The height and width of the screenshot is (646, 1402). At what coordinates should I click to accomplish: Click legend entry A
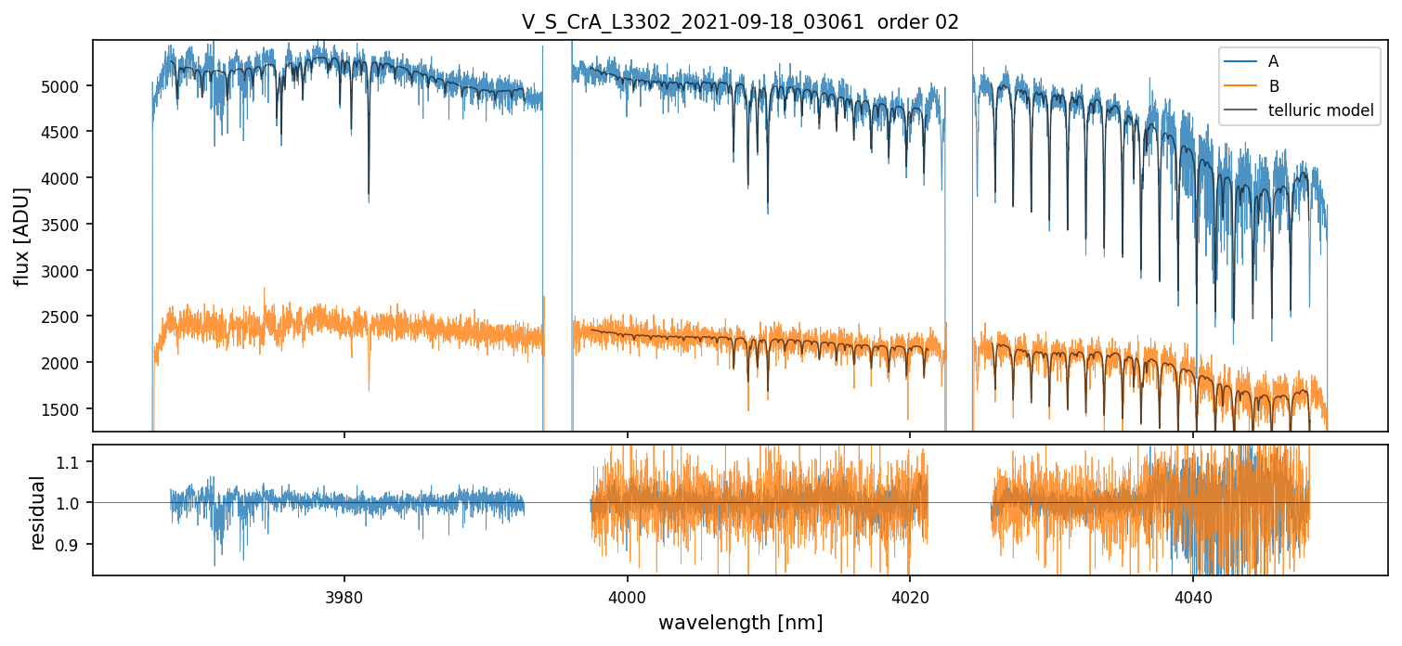coord(1273,61)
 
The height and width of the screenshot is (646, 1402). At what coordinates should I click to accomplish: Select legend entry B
coord(1273,86)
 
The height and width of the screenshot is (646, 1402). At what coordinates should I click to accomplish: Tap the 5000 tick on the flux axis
coord(68,86)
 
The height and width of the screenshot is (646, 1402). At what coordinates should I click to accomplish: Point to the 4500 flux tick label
coord(68,132)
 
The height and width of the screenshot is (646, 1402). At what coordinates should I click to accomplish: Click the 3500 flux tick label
coord(68,225)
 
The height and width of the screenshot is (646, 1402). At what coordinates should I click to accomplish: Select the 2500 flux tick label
coord(68,317)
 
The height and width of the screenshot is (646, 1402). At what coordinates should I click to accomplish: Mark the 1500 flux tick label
coord(68,409)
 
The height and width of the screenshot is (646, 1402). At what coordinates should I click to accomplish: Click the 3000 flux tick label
coord(68,271)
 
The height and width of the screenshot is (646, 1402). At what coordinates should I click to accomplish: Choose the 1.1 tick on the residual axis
coord(73,462)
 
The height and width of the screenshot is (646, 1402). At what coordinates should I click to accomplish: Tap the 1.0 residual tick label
coord(73,503)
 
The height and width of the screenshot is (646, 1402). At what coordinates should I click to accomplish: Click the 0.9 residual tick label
coord(73,544)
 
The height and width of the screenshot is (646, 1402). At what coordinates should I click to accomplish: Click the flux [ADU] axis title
coord(22,236)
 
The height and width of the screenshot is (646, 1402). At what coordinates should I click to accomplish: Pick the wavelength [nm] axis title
coord(740,623)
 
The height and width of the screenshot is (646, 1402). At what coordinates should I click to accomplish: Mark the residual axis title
coord(38,511)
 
